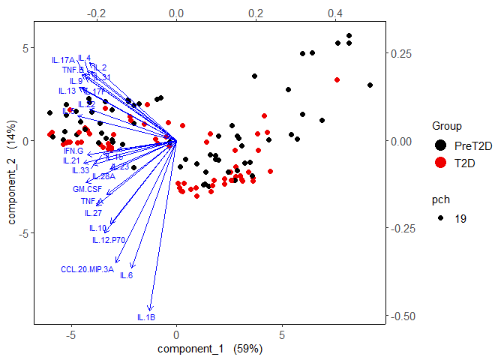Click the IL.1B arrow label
click(146, 317)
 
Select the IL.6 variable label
click(126, 275)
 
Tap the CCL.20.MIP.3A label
click(87, 268)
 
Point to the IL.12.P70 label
click(108, 240)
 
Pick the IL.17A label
click(63, 60)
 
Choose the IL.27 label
click(93, 213)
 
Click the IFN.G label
click(73, 151)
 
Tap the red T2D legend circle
click(440, 163)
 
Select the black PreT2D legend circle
click(440, 145)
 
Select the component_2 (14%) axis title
click(12, 184)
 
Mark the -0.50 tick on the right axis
click(402, 316)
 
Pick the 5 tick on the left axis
click(23, 47)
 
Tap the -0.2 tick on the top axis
click(96, 13)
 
